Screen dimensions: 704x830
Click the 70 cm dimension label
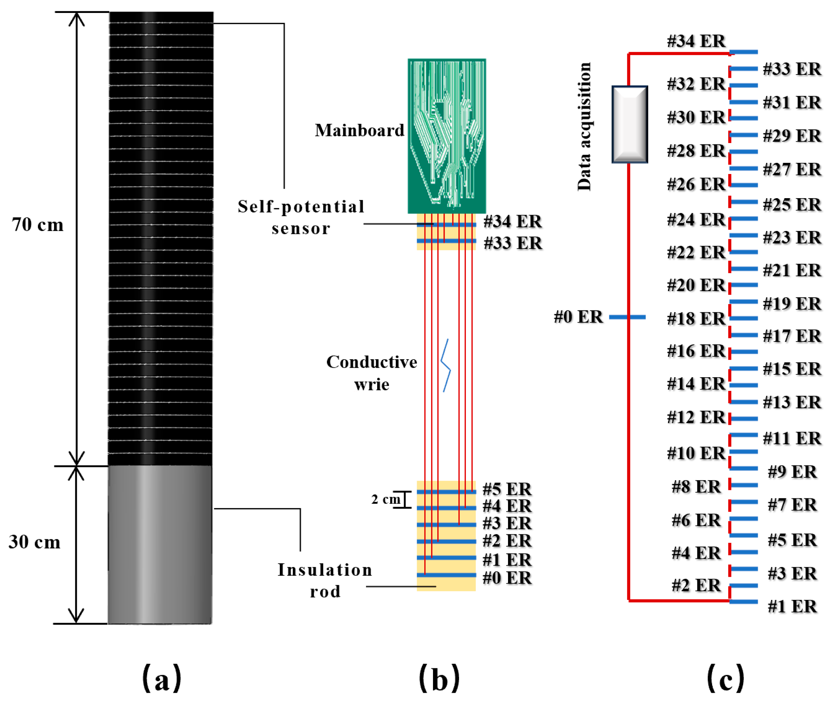(37, 225)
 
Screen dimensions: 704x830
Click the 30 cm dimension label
(35, 542)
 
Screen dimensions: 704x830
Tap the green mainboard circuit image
(447, 136)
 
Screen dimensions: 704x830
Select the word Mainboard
(359, 130)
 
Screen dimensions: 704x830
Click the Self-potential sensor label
(301, 218)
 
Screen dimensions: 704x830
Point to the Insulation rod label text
(325, 580)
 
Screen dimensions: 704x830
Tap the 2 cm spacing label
(385, 499)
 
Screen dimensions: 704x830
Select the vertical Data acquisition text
(584, 126)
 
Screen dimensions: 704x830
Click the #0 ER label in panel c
(578, 317)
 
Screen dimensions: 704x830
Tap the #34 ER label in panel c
(696, 41)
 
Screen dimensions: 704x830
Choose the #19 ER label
(792, 304)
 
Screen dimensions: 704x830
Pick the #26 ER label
(696, 184)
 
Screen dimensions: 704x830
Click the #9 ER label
(792, 472)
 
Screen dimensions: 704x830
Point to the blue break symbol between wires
(446, 365)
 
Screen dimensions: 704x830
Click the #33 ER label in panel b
(512, 243)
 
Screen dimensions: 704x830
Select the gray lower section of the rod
(160, 544)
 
